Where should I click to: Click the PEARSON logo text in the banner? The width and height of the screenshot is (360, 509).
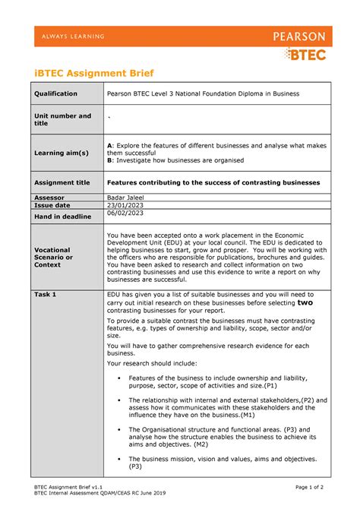click(295, 36)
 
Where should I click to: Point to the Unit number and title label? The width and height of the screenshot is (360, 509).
click(62, 119)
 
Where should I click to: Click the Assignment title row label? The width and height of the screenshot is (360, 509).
click(62, 182)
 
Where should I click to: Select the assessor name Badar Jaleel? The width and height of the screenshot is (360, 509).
click(128, 197)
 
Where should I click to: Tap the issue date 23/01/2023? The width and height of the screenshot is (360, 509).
click(125, 205)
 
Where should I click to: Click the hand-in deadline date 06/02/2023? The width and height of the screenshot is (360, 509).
click(125, 213)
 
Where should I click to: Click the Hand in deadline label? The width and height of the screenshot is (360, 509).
click(66, 217)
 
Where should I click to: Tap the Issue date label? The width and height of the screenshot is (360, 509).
click(52, 205)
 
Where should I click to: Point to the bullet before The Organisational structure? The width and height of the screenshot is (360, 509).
click(116, 429)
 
